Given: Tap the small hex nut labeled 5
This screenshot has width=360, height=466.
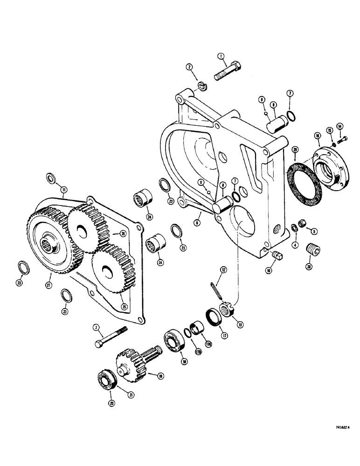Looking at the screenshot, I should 302,225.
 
